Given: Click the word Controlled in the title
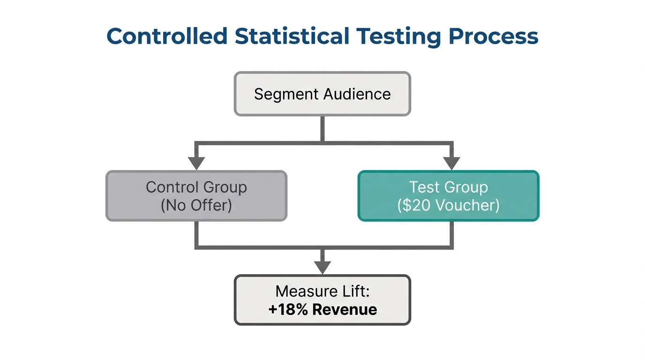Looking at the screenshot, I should [167, 37].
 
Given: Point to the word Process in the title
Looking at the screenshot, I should [494, 37].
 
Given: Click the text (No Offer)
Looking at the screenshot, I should [196, 205].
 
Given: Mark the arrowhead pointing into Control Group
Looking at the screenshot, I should [196, 164].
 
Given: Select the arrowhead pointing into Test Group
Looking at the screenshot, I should [451, 164].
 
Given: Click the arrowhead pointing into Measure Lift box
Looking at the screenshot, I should [322, 268].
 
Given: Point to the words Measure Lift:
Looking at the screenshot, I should [322, 292].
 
